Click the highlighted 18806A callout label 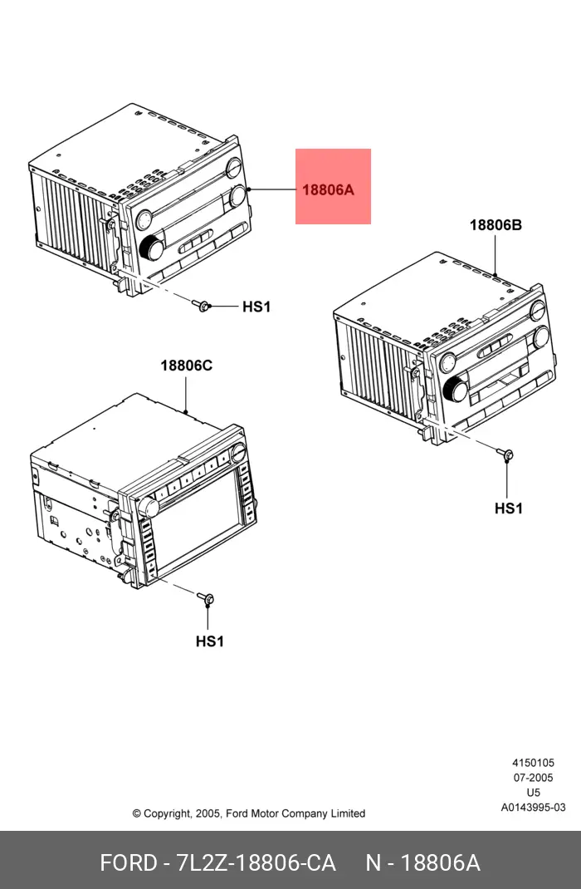point(328,189)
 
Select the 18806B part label point(496,225)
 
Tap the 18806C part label point(186,365)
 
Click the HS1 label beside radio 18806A point(256,307)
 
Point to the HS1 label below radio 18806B point(509,508)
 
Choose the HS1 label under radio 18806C point(209,641)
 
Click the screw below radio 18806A point(201,305)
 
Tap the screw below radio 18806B point(505,454)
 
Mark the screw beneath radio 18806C point(205,598)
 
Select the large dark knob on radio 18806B point(456,390)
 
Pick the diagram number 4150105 point(534,764)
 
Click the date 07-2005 point(534,778)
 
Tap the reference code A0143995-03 point(534,808)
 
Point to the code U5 point(534,793)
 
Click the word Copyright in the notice point(167,814)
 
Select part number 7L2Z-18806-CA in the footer point(256,863)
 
